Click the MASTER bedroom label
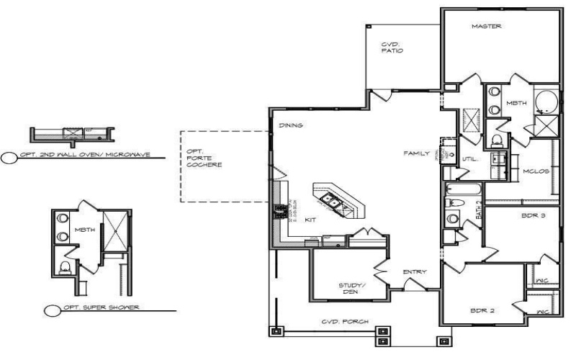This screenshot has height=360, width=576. pos(486,27)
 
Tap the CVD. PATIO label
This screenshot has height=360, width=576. pos(392,48)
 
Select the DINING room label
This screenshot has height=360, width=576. pos(289,126)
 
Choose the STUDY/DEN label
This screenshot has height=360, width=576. pos(350,289)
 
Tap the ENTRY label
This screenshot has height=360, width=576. pos(415,271)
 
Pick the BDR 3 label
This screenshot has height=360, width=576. pos(531,215)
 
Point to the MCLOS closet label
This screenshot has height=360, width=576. pos(536,171)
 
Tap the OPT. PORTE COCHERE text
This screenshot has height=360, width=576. pos(203,158)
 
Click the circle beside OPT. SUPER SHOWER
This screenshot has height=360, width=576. pos(51,311)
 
